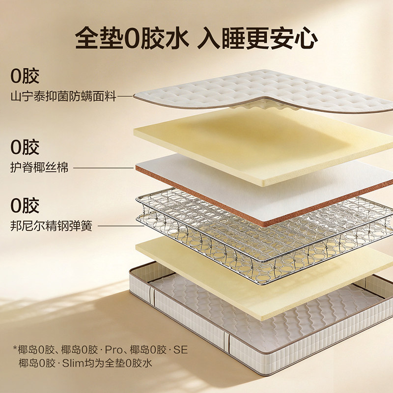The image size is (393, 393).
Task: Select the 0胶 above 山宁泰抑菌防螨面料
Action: coord(25,77)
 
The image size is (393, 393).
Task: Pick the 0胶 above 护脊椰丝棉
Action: coord(25,147)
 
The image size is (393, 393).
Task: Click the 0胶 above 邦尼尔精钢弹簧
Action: coord(25,206)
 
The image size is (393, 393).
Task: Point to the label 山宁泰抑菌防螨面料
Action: coord(63,97)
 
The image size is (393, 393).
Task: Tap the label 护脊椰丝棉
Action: coord(39,168)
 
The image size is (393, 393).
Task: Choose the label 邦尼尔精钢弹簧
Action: coord(51,227)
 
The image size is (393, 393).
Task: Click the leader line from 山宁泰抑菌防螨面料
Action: coord(126,97)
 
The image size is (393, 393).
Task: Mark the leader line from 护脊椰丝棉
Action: coord(103,168)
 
